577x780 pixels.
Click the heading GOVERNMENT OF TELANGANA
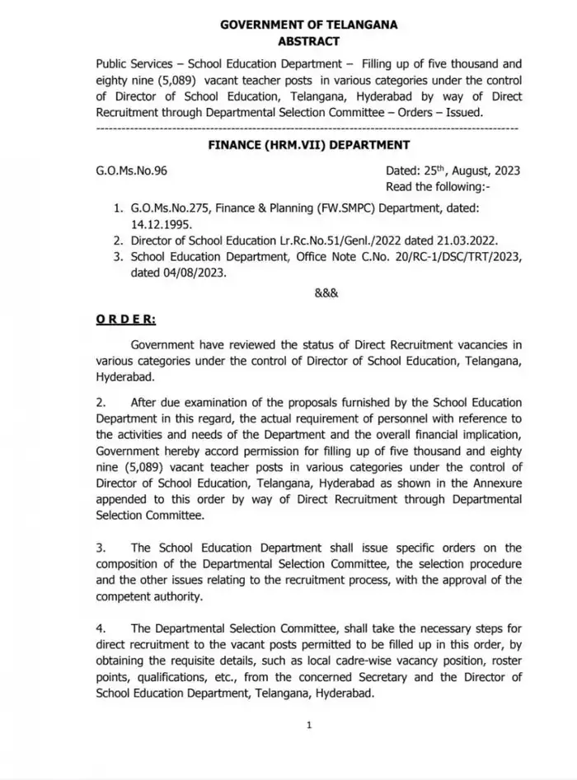click(x=308, y=25)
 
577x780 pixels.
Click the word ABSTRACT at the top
click(x=308, y=40)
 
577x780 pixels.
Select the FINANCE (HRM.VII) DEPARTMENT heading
click(x=308, y=145)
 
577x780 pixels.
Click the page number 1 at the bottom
click(x=308, y=725)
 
